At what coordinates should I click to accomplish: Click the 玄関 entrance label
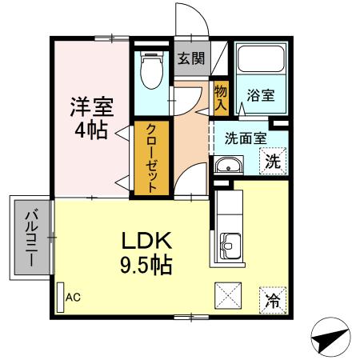pos(190,58)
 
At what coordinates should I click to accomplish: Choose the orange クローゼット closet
pos(151,157)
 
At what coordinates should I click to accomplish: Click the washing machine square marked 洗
pos(273,158)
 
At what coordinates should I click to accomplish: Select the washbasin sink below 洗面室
pos(228,167)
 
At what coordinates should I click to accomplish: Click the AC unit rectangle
pos(60,297)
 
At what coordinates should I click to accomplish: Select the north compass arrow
pos(330,339)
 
